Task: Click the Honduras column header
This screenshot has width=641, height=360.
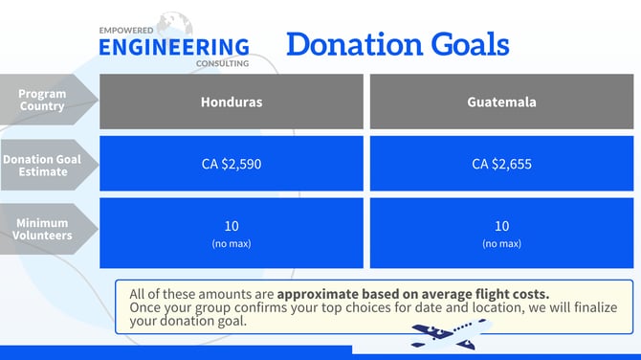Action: click(x=231, y=101)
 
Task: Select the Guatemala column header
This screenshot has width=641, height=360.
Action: click(x=501, y=101)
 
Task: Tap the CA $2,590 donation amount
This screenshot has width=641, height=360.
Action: click(x=231, y=164)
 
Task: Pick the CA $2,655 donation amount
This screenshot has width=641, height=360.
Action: click(x=501, y=164)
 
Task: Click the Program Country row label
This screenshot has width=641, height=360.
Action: click(x=42, y=101)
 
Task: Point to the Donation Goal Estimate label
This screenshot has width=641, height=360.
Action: click(x=42, y=165)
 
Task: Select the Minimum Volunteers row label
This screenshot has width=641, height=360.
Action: click(x=42, y=229)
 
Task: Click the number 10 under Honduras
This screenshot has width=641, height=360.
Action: click(x=231, y=226)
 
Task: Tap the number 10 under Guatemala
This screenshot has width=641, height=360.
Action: click(x=501, y=226)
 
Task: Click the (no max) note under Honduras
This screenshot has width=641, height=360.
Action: click(x=231, y=244)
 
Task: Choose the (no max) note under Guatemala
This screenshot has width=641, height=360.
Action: click(x=501, y=244)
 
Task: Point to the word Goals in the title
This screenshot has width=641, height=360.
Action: click(x=468, y=44)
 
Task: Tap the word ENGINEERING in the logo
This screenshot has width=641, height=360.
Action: click(x=174, y=46)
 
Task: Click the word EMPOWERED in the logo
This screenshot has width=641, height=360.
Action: click(x=124, y=30)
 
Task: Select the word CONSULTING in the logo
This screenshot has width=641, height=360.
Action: click(x=222, y=63)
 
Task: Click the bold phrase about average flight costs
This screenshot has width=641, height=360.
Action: click(x=407, y=294)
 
